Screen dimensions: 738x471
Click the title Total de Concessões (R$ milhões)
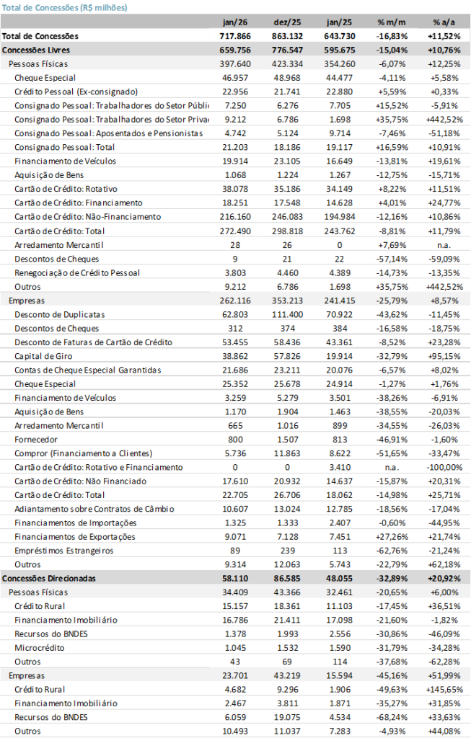[x=65, y=7]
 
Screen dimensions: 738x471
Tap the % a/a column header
[x=444, y=22]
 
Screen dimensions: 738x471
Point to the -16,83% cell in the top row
[x=392, y=35]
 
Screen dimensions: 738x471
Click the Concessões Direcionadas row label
[x=49, y=578]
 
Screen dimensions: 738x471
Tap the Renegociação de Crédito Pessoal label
[x=77, y=272]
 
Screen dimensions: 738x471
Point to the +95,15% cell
[x=444, y=356]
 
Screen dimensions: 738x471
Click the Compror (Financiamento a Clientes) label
[x=83, y=453]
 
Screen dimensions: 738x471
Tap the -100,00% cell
[x=443, y=467]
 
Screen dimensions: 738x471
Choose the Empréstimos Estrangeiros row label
[x=64, y=551]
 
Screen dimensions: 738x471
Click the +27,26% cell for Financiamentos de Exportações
[x=392, y=537]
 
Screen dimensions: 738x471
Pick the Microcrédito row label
[x=39, y=648]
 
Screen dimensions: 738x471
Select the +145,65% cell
[x=442, y=690]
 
